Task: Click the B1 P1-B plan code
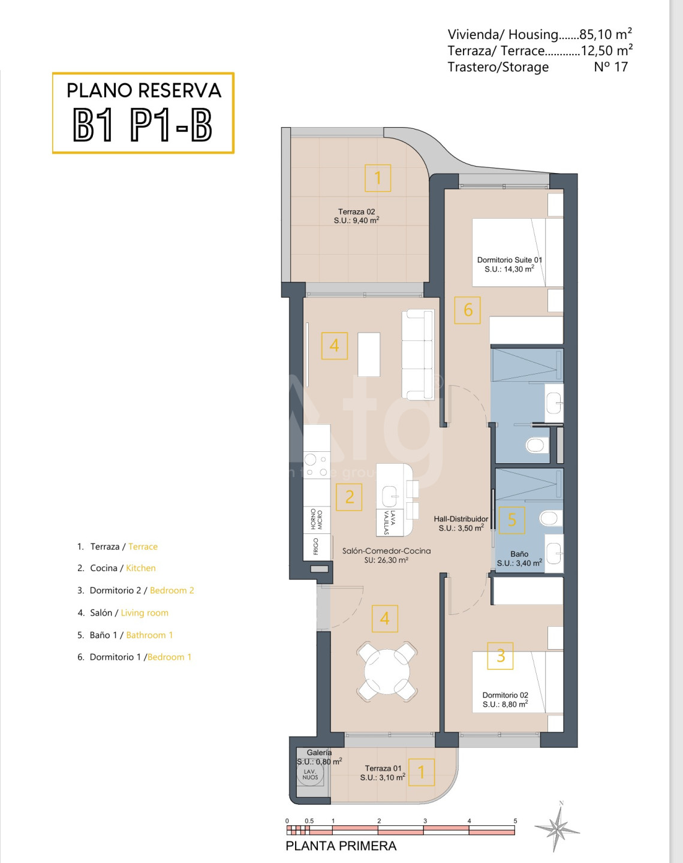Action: point(143,125)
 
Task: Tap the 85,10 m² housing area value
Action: point(606,34)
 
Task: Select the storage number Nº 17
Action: point(611,67)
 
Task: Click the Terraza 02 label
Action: point(356,212)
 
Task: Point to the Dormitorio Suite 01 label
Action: point(509,260)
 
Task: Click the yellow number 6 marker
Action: point(468,310)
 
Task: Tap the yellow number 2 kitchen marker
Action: point(349,497)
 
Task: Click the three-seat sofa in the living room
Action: point(418,355)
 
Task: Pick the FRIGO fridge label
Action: point(316,546)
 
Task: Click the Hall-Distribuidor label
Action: point(461,519)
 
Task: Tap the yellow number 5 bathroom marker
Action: point(512,520)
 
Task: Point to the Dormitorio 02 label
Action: point(506,695)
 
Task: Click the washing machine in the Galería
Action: point(310,774)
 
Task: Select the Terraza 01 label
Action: point(383,768)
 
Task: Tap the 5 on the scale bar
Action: point(515,821)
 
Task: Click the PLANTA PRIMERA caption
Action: point(341,846)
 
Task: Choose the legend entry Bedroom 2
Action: point(171,590)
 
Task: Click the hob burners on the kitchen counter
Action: point(317,465)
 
